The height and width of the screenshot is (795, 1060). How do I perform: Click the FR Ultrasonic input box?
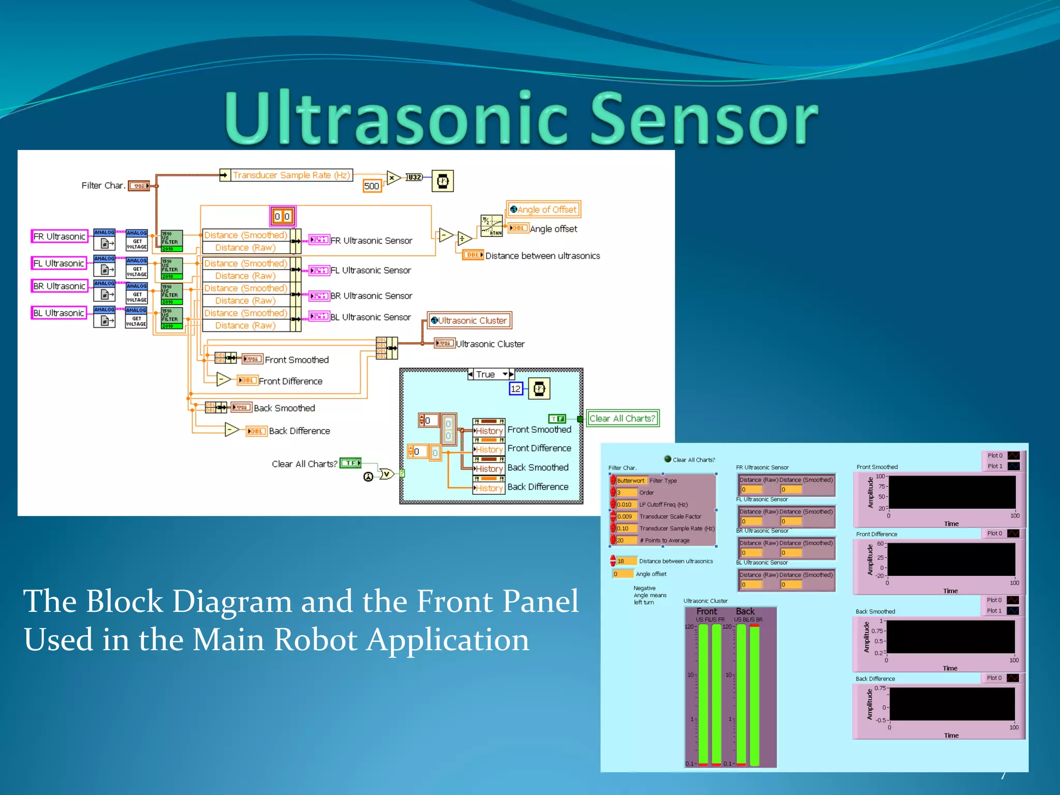[x=59, y=237]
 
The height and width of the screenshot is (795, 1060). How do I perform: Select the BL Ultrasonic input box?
[x=58, y=313]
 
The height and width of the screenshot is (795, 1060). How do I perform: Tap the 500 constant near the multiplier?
[x=372, y=186]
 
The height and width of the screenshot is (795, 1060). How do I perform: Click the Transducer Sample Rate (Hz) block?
[x=291, y=175]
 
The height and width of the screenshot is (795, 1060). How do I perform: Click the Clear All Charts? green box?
[x=623, y=418]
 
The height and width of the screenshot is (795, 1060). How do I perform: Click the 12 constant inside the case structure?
[x=516, y=389]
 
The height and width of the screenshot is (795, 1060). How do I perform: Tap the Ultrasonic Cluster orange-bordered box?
[x=469, y=320]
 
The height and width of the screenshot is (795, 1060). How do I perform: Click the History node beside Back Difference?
[x=489, y=488]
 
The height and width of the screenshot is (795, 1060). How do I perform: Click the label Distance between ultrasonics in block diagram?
[x=542, y=256]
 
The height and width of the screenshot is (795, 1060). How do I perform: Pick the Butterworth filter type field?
[x=631, y=480]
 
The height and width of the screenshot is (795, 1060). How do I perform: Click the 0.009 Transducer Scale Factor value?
[x=625, y=516]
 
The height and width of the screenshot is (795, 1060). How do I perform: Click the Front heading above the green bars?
[x=706, y=611]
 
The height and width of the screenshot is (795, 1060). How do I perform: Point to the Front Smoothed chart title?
[x=877, y=467]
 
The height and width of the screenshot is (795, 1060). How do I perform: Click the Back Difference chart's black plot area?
[x=952, y=704]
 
